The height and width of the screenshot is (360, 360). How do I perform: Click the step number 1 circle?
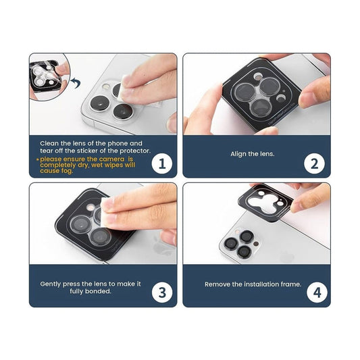162,163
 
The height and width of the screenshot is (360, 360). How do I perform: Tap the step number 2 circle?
314,163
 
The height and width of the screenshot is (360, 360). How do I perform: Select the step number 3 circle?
162,292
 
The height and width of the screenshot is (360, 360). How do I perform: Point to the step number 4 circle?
317,292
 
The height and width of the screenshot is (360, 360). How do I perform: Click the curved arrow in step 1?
76,83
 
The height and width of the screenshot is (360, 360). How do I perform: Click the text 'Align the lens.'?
253,154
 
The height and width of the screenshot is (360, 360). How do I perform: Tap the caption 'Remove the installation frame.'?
253,284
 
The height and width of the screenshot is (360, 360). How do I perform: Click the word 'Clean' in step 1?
49,143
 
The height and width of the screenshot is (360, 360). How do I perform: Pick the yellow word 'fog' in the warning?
67,171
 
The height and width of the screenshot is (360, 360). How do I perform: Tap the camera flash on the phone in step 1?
106,86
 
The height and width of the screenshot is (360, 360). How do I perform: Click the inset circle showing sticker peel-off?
49,77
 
